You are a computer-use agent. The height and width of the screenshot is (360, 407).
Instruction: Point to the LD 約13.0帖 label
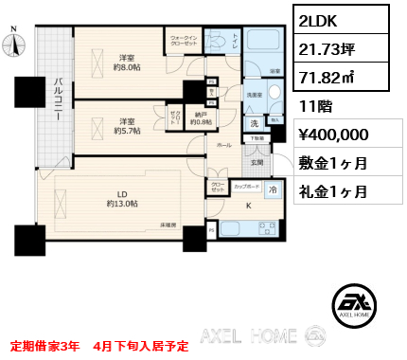pos(123,197)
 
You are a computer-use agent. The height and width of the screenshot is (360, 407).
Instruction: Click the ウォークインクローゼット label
pos(184,40)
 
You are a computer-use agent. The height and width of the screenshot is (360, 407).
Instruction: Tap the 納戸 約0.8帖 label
pos(200,117)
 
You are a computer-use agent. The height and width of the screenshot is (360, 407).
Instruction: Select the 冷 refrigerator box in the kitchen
pos(272,189)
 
